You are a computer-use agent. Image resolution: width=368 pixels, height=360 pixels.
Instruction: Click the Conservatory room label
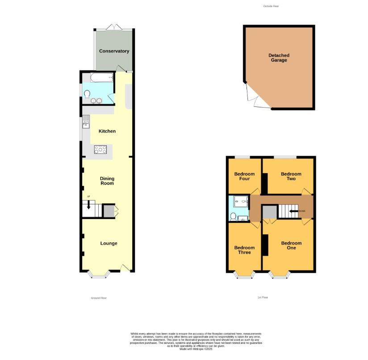pyautogui.click(x=114, y=51)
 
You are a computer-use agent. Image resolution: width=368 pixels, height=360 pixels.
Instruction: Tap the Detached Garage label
pyautogui.click(x=279, y=58)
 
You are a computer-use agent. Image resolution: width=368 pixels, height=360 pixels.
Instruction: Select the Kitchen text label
pyautogui.click(x=107, y=131)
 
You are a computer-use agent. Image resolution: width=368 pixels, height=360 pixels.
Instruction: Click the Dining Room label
pyautogui.click(x=107, y=181)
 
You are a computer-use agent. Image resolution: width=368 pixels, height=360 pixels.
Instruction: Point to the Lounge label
pyautogui.click(x=109, y=243)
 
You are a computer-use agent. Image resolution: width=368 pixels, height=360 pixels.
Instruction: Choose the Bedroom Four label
pyautogui.click(x=244, y=176)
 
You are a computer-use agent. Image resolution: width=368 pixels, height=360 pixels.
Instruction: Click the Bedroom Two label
pyautogui.click(x=291, y=176)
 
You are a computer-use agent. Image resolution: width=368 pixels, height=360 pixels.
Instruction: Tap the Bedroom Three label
pyautogui.click(x=244, y=250)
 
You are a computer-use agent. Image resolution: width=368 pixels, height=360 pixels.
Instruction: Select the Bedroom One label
pyautogui.click(x=291, y=246)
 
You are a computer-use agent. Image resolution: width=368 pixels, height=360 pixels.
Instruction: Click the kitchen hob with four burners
pyautogui.click(x=100, y=150)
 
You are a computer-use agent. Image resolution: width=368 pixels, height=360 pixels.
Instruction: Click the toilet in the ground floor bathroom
pyautogui.click(x=88, y=93)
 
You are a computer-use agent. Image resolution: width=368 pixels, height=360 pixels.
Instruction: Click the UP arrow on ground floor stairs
pyautogui.click(x=88, y=205)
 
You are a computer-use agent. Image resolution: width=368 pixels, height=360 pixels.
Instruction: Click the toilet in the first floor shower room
pyautogui.click(x=233, y=216)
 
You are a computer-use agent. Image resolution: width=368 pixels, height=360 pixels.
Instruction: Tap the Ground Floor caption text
pyautogui.click(x=99, y=298)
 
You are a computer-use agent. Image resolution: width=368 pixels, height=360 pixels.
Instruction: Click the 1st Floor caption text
pyautogui.click(x=263, y=297)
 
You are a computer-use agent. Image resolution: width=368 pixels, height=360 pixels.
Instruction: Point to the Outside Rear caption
pyautogui.click(x=271, y=6)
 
